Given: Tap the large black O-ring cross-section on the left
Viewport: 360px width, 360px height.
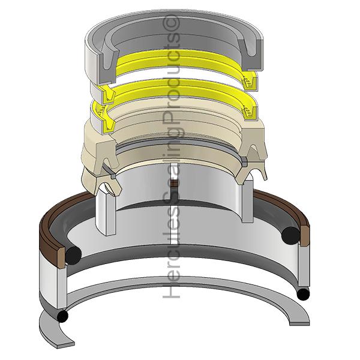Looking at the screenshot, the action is pos(73,256).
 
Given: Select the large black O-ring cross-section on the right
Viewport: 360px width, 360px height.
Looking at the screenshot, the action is pos(290,235).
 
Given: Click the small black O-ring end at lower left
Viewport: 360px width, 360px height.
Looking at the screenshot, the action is pos(62,316).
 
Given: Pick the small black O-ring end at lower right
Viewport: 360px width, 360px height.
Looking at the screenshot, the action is pos(303,294).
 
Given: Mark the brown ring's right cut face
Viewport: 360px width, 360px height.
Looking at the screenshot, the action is pos(305,235).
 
